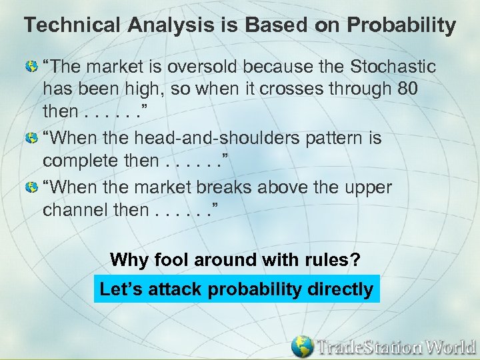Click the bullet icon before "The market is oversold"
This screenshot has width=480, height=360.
coord(31,67)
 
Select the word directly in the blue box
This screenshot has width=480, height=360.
coord(340,290)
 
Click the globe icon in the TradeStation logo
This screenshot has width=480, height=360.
coord(303,346)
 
